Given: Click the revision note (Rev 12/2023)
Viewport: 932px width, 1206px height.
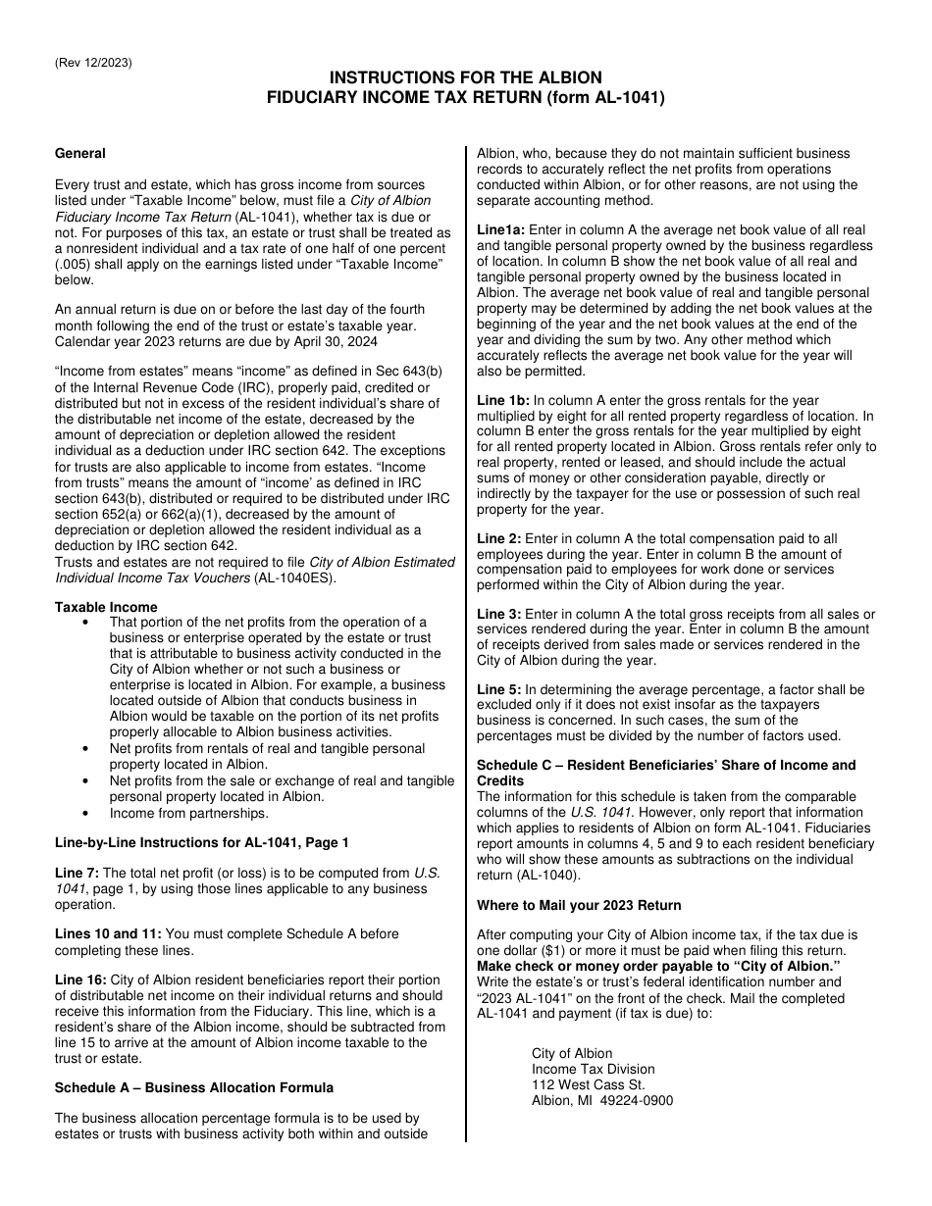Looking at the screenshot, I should pos(93,64).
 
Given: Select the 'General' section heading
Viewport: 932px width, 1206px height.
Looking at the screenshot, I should pos(80,153).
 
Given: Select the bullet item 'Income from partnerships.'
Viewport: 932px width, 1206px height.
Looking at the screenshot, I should pos(188,813).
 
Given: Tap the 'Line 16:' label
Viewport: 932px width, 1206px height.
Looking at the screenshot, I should pos(80,980).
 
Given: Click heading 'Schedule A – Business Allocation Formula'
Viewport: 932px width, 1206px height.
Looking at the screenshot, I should pos(194,1087).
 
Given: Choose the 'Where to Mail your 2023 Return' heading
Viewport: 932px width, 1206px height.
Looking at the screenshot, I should pos(579,905).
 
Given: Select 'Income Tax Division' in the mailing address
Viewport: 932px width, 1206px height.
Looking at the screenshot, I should pos(594,1069).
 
